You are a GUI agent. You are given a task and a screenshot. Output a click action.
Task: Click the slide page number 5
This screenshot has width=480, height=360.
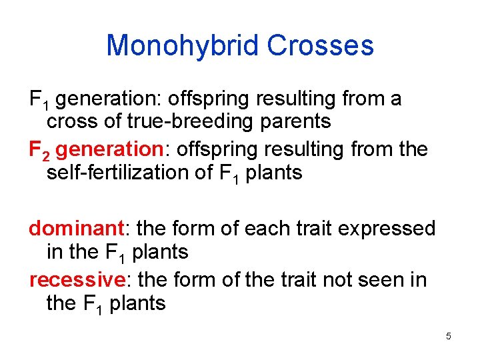coord(449,336)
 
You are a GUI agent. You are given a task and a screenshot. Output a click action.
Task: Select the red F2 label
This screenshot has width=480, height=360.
coord(39,149)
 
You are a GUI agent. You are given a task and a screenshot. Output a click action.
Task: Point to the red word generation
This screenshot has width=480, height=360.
coord(105,149)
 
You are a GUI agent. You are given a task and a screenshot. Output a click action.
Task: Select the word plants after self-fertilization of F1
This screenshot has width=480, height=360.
coord(273,173)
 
